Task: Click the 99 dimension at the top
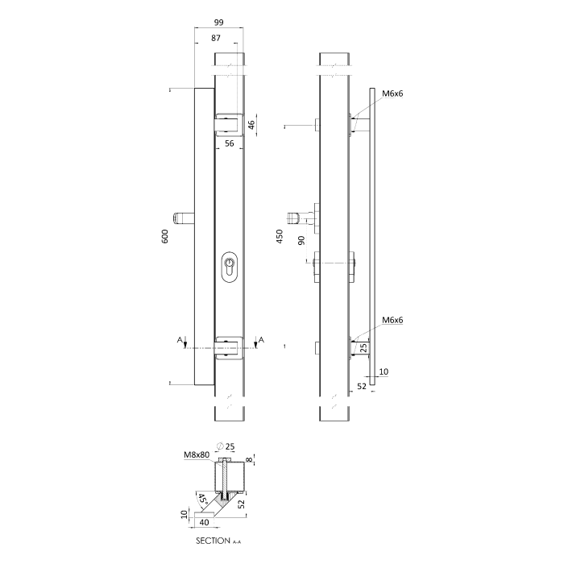pyautogui.click(x=218, y=23)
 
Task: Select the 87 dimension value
pyautogui.click(x=216, y=38)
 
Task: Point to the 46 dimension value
pyautogui.click(x=251, y=125)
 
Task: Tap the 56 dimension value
pyautogui.click(x=229, y=143)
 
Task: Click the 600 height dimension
pyautogui.click(x=164, y=236)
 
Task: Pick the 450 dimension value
pyautogui.click(x=280, y=236)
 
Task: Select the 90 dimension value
pyautogui.click(x=301, y=240)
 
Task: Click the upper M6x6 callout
pyautogui.click(x=392, y=93)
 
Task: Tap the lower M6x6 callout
pyautogui.click(x=392, y=320)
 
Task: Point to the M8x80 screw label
pyautogui.click(x=197, y=454)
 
